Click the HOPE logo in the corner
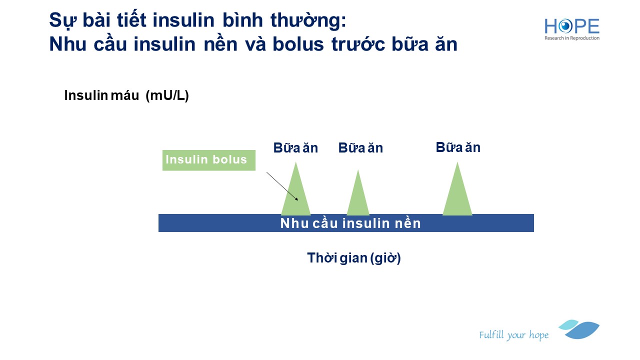pyautogui.click(x=571, y=29)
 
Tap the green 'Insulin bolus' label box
pyautogui.click(x=209, y=160)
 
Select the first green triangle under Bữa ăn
pyautogui.click(x=295, y=189)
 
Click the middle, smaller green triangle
pyautogui.click(x=358, y=192)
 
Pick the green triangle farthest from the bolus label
pyautogui.click(x=457, y=189)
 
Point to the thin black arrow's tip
pyautogui.click(x=298, y=200)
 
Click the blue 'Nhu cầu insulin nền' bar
pyautogui.click(x=346, y=223)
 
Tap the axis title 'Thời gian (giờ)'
pyautogui.click(x=354, y=258)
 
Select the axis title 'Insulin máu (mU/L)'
pyautogui.click(x=126, y=95)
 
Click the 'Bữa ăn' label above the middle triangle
pyautogui.click(x=360, y=148)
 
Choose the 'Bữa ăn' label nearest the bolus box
pyautogui.click(x=295, y=148)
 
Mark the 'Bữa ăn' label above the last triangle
pyautogui.click(x=458, y=147)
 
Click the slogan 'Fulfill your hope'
pyautogui.click(x=513, y=335)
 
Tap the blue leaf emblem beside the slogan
pyautogui.click(x=579, y=329)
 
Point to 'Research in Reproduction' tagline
pyautogui.click(x=571, y=38)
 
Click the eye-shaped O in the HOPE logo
pyautogui.click(x=565, y=26)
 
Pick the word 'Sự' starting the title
pyautogui.click(x=62, y=21)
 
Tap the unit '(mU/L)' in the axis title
pyautogui.click(x=167, y=95)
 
